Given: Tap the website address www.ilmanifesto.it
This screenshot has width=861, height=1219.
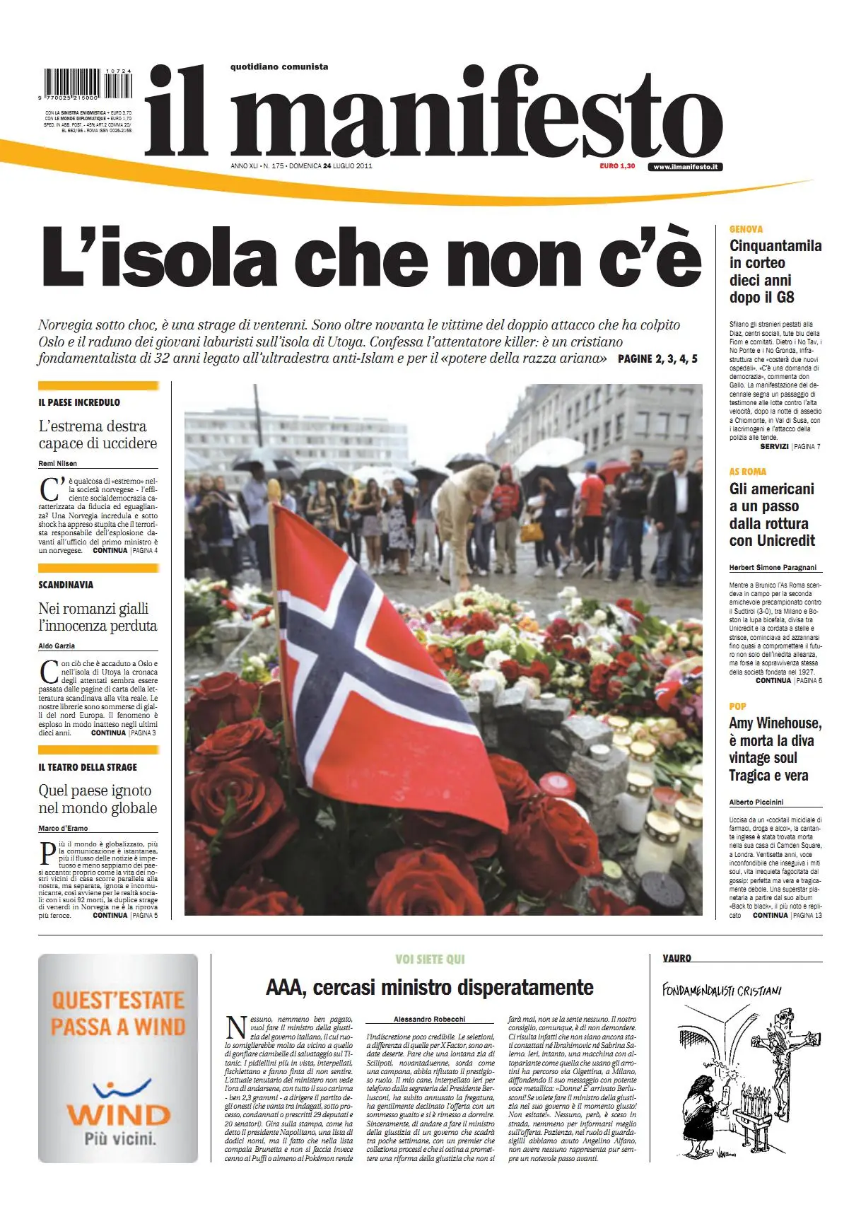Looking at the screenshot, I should click(x=685, y=167).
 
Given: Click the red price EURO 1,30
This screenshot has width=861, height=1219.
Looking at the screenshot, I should click(x=617, y=166).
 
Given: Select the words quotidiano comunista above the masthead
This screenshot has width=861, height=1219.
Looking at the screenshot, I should click(x=279, y=67).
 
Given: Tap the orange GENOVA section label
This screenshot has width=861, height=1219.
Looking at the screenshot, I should click(x=746, y=229).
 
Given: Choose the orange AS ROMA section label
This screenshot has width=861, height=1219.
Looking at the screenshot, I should click(x=747, y=472).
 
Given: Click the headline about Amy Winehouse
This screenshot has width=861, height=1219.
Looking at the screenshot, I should click(x=775, y=749).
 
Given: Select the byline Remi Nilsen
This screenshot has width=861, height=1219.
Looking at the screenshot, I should click(x=58, y=464).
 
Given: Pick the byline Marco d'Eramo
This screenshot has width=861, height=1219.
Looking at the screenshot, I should click(x=64, y=828).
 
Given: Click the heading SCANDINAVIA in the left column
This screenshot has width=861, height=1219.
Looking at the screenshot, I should click(x=66, y=585).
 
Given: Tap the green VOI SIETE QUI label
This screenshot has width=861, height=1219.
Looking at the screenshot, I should click(x=430, y=960).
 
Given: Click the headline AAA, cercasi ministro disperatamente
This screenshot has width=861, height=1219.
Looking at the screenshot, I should click(x=430, y=987).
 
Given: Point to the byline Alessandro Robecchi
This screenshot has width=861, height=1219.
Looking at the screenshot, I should click(x=430, y=1019).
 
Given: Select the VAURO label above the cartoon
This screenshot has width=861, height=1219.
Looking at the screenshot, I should click(x=676, y=958).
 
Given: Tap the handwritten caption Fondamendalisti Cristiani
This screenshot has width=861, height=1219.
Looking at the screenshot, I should click(x=721, y=990).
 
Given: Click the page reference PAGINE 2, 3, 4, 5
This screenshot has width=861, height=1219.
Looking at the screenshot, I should click(x=657, y=358).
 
